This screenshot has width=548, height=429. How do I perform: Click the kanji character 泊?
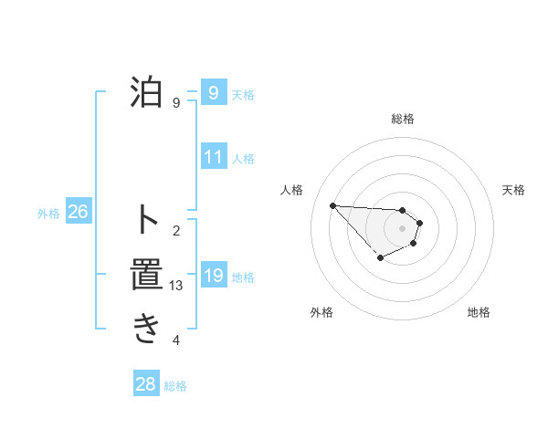click(x=146, y=93)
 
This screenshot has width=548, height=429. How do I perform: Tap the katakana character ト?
click(x=146, y=219)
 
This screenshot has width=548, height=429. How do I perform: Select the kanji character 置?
click(x=146, y=274)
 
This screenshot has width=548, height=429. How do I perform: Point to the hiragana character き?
click(x=146, y=329)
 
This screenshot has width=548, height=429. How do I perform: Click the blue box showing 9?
click(x=213, y=93)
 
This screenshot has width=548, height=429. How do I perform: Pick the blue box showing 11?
click(x=214, y=157)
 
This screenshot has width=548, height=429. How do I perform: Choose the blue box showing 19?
click(x=214, y=276)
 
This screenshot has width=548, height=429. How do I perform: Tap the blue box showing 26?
click(x=78, y=213)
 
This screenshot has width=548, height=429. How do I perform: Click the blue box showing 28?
click(x=145, y=384)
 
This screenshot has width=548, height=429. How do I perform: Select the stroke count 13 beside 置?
click(x=176, y=286)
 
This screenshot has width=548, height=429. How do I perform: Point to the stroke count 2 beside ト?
click(x=176, y=230)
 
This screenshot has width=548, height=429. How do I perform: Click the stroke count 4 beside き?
click(x=176, y=341)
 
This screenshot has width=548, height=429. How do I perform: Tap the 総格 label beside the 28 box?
click(x=175, y=386)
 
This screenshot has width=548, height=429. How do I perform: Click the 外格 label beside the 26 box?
click(x=48, y=214)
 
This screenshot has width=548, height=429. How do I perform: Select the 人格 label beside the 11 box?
click(x=243, y=159)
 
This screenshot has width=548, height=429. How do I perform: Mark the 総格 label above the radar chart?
click(x=403, y=119)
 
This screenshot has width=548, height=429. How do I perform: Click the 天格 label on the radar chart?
click(x=514, y=190)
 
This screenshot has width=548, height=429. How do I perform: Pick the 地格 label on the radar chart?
click(x=479, y=312)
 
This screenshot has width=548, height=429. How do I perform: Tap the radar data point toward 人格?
click(x=332, y=205)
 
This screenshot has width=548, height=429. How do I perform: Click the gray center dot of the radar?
click(x=402, y=228)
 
